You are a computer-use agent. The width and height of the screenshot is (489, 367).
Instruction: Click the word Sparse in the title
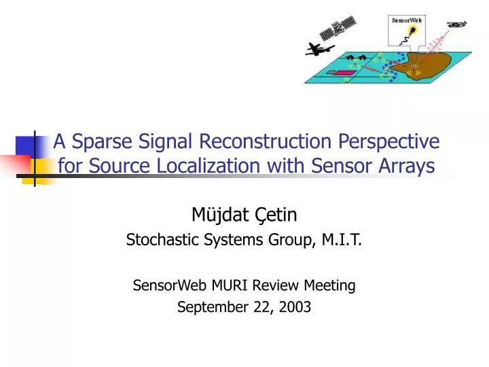[96, 141]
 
